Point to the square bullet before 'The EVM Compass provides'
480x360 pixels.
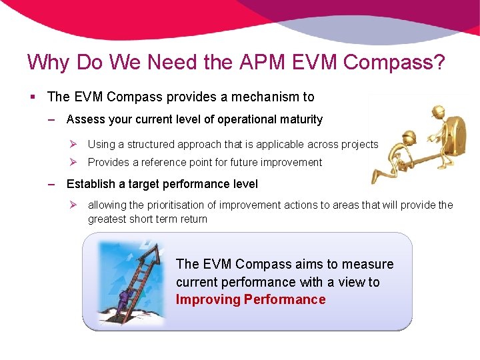click(x=33, y=97)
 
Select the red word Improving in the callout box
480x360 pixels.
click(x=207, y=299)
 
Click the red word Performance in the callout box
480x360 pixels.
click(x=285, y=299)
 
